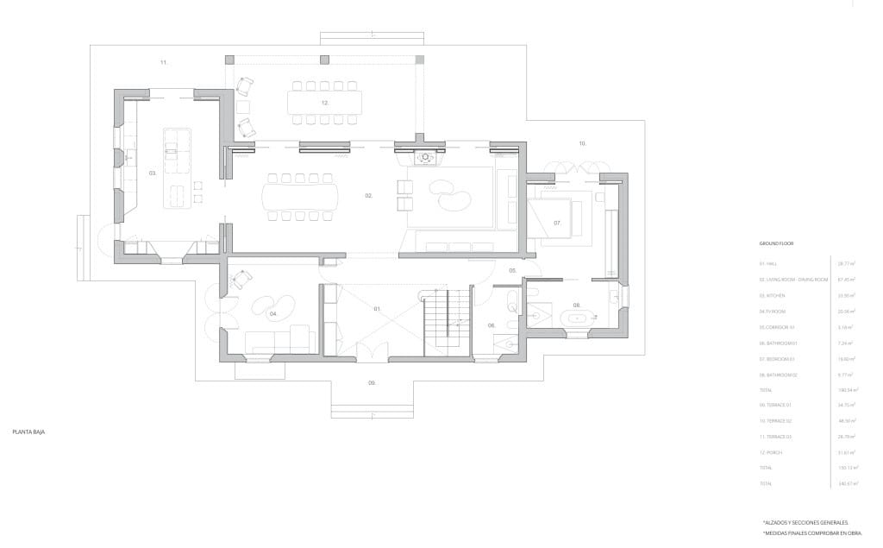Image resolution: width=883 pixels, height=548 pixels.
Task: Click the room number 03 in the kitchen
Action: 153,173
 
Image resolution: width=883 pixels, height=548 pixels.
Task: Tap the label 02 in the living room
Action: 368,196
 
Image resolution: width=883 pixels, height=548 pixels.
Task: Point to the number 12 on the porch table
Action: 325,103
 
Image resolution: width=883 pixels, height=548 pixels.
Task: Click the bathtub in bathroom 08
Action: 576,318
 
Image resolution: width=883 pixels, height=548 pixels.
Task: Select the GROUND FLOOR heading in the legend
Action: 776,244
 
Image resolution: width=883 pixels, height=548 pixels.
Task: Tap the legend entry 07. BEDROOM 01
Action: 779,358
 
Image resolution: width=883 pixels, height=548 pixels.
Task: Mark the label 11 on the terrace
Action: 163,62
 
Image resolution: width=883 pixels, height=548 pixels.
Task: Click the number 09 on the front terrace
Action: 372,382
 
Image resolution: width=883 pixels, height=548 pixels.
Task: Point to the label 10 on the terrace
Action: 582,142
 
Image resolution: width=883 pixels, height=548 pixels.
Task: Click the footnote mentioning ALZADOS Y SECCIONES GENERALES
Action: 805,522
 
